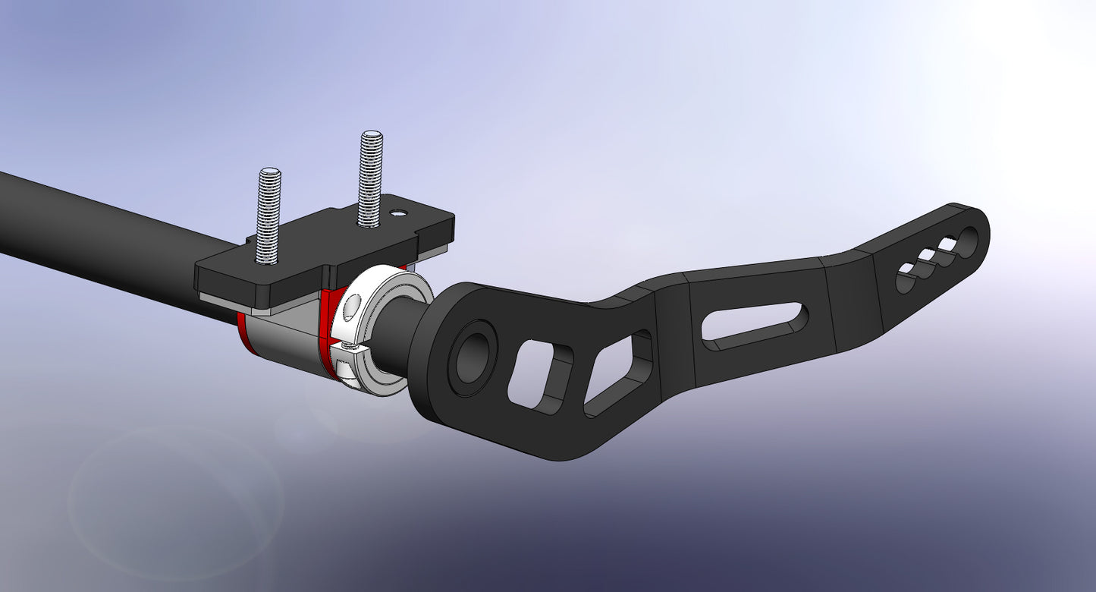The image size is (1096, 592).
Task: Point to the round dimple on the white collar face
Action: point(350,307)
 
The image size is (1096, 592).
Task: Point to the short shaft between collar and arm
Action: point(397,334)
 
